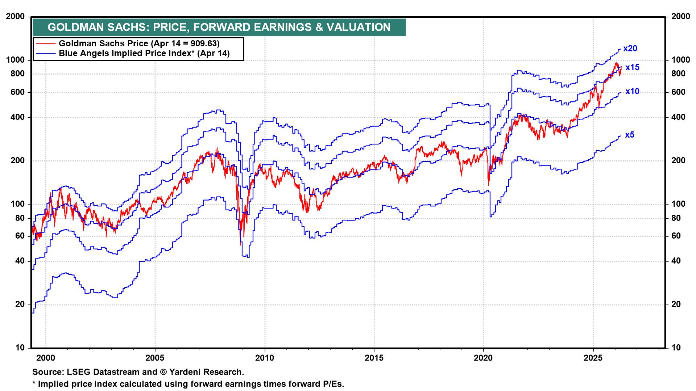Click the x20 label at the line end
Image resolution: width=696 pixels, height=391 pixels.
[x=630, y=49]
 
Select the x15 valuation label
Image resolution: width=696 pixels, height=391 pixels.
[x=632, y=67]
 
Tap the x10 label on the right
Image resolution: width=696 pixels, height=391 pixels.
[x=632, y=92]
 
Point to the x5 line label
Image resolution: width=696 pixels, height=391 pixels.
[x=630, y=135]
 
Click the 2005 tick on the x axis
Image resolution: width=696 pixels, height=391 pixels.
[x=155, y=358]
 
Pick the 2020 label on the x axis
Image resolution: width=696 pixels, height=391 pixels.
[x=483, y=358]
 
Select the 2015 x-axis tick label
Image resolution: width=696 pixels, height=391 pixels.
[x=374, y=358]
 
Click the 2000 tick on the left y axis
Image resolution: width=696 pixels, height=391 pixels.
[x=15, y=17]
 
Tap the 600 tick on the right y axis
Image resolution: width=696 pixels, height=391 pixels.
[x=679, y=92]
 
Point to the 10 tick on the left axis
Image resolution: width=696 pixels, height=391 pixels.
[x=21, y=348]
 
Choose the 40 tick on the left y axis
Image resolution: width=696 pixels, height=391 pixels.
[x=21, y=261]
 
